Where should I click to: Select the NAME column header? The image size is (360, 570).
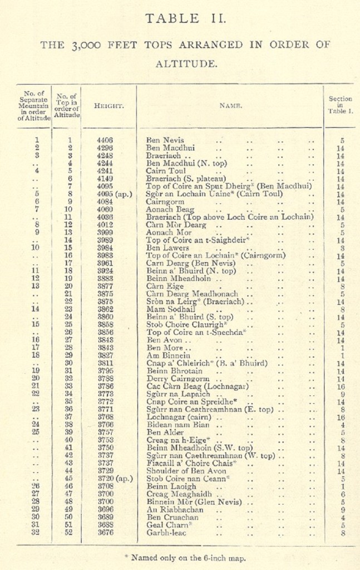pos(229,105)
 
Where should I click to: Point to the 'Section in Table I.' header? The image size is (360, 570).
pos(340,105)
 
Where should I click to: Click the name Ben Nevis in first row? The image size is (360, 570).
pos(165,140)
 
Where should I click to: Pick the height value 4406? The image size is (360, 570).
pos(105,140)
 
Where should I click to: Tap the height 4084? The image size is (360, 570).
pos(105,202)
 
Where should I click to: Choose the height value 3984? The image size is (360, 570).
pos(105,248)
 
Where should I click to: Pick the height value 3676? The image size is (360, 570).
pos(105,532)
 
